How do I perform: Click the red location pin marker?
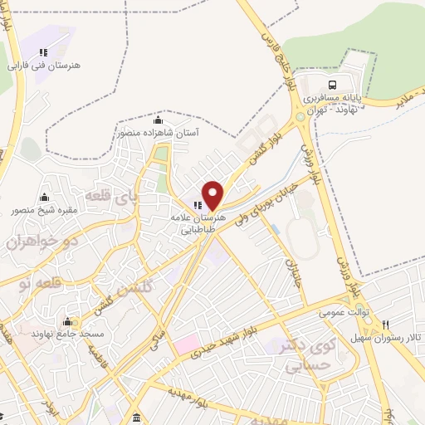tap(214, 195)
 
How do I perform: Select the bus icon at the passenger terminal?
tap(332, 85)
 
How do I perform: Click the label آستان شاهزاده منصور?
tap(157, 132)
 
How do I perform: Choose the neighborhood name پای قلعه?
tap(132, 198)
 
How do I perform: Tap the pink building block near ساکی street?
tap(186, 342)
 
